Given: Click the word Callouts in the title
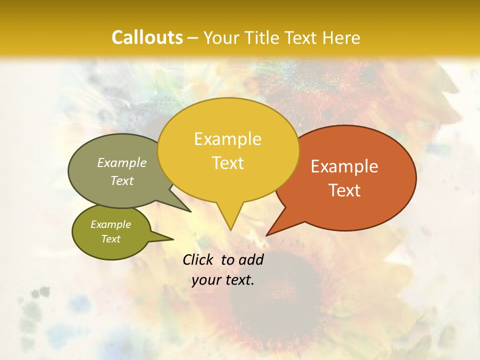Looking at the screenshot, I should [147, 37].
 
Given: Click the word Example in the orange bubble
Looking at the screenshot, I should [344, 166].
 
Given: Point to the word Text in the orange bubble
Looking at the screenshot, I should [344, 190].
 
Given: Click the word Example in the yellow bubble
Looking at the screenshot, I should [227, 139].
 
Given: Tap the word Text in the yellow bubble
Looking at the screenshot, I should [228, 163].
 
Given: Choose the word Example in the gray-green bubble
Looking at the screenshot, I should [122, 163].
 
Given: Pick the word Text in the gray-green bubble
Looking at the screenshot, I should [122, 180].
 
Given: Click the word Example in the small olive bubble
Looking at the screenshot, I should [111, 224].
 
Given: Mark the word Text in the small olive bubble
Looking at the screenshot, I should [111, 239].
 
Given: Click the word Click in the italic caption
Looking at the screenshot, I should [198, 259].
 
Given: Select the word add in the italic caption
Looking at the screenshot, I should [251, 259].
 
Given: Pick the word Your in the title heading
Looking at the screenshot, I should [221, 37].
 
